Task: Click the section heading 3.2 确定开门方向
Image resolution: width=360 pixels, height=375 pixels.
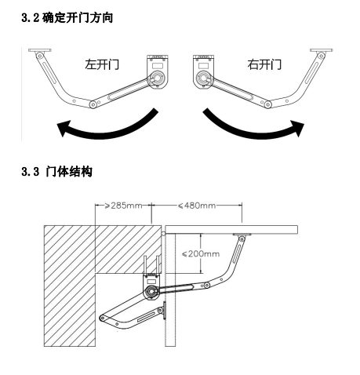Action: pos(67,18)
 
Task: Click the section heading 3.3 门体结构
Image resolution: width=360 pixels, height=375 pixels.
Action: pos(56,172)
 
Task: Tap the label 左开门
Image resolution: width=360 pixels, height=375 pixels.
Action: pos(102,64)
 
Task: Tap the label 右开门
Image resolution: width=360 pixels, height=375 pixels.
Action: pos(264,64)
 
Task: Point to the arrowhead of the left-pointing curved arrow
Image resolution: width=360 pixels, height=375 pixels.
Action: pos(64,128)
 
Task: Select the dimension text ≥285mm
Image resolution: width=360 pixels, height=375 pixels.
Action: pos(123,206)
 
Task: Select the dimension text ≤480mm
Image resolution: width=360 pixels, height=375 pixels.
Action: pos(197,206)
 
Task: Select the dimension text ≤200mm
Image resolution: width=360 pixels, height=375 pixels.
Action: pos(201,253)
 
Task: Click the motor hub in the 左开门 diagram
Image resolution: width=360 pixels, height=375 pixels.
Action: pos(158,78)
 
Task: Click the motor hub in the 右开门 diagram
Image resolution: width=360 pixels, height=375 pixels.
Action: pos(203,78)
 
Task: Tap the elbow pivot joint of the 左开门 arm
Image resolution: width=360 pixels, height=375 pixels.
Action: pos(93,104)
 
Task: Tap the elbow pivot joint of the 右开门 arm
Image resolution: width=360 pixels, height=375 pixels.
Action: pos(267,104)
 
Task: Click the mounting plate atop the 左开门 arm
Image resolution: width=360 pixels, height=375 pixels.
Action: pos(40,50)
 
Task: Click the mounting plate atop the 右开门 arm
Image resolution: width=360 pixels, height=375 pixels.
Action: pos(322,50)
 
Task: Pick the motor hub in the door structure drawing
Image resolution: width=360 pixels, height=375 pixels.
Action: pos(151,291)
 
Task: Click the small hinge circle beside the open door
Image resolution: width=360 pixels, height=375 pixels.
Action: pos(163,234)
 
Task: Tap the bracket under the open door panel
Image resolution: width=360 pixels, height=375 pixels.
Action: pos(242,235)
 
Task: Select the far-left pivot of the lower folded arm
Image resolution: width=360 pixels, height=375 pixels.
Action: pos(103,319)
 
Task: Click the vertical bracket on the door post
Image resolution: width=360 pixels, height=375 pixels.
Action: pos(164,310)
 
